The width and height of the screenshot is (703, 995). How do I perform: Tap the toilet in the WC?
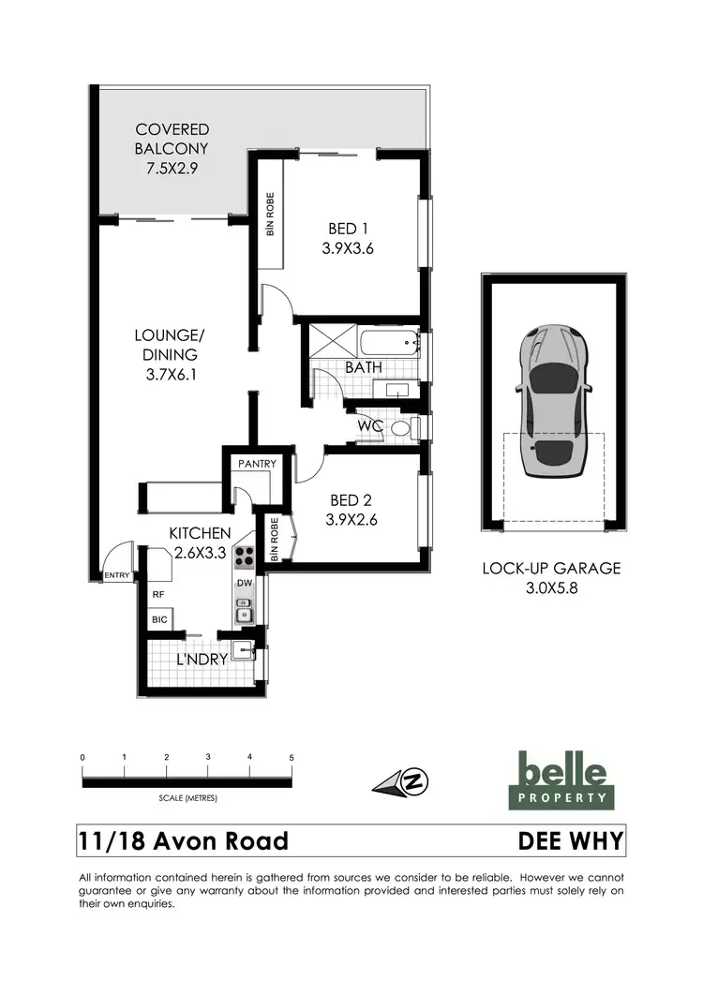point(402,428)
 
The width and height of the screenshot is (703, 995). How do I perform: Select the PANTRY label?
point(255,464)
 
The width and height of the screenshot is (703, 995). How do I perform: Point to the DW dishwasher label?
point(245,584)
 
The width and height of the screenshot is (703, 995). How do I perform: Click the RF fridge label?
point(158,594)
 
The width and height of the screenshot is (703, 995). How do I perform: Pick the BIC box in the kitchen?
point(159,620)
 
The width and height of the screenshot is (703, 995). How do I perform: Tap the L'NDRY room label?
point(202,660)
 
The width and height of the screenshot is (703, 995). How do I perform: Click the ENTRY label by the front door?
point(118,575)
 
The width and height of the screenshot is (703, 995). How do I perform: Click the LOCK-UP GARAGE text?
point(551,568)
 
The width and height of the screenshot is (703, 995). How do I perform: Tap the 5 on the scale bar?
point(292,757)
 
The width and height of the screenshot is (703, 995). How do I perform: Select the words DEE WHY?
point(570,840)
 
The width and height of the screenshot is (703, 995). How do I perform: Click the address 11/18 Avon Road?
point(184,840)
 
